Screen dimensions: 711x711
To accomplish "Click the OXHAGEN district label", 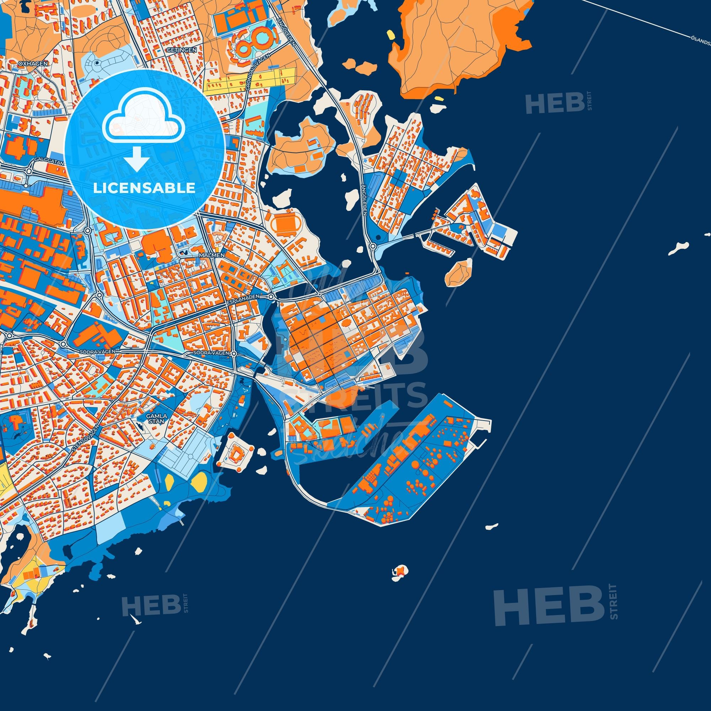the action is click(33, 64).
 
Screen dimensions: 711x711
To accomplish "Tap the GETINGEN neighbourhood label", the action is click(186, 50).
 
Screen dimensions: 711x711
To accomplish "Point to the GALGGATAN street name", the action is click(50, 161).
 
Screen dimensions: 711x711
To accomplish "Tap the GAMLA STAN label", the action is click(157, 418).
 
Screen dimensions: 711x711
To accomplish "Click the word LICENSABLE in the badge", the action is click(144, 188).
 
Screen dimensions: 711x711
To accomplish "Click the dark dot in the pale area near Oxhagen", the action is click(97, 63).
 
